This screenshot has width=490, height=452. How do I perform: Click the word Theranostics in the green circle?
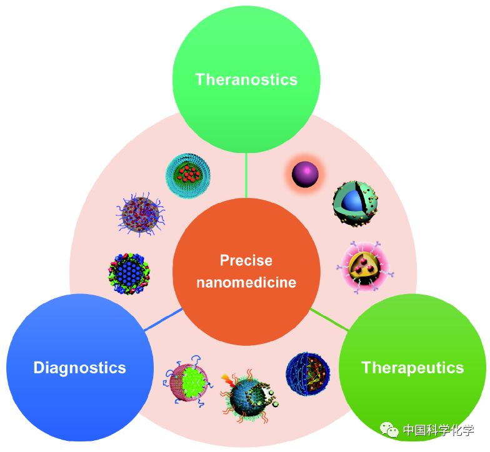pyautogui.click(x=246, y=79)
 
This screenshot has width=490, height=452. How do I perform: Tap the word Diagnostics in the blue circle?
pyautogui.click(x=79, y=367)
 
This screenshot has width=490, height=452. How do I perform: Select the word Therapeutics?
pyautogui.click(x=412, y=367)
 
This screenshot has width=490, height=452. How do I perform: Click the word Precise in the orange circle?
pyautogui.click(x=246, y=260)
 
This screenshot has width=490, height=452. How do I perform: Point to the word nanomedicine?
pyautogui.click(x=246, y=282)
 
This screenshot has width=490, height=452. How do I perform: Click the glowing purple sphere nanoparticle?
pyautogui.click(x=306, y=173)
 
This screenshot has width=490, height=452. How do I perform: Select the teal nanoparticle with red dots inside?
pyautogui.click(x=188, y=175)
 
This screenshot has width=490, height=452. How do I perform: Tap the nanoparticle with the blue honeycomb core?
pyautogui.click(x=129, y=272)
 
